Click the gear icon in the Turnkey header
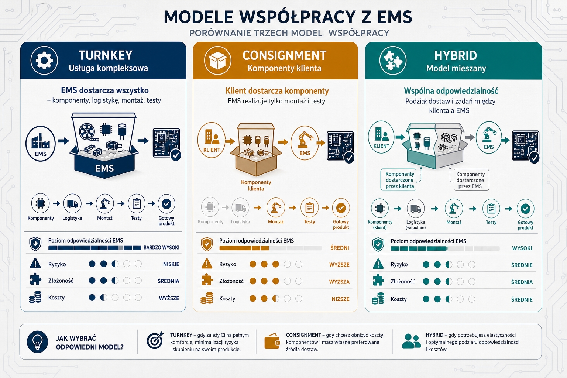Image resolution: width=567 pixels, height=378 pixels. tap(44, 60)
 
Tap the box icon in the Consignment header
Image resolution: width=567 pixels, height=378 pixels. tap(218, 61)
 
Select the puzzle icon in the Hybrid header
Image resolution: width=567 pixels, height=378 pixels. tap(393, 61)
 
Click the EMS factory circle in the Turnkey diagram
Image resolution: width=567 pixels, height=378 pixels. tap(41, 144)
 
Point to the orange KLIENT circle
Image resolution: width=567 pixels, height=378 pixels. tap(212, 140)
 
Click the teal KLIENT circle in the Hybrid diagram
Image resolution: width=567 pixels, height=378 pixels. tap(381, 137)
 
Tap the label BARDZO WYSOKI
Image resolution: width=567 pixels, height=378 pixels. tap(161, 248)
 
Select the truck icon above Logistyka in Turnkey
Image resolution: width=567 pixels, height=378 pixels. tap(72, 203)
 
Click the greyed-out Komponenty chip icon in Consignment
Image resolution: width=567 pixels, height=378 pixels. tap(210, 207)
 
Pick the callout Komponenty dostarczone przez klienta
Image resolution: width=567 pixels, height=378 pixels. tap(400, 180)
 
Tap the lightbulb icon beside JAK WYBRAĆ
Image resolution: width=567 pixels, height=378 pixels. tap(37, 342)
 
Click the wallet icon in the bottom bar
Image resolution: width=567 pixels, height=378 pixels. tap(272, 341)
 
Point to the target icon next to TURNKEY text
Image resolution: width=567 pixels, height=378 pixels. tap(155, 340)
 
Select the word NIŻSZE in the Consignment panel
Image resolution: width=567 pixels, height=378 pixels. tap(340, 299)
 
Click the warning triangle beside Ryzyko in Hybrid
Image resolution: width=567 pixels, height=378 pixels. tap(378, 264)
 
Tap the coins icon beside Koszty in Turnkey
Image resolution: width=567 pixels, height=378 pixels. tap(35, 297)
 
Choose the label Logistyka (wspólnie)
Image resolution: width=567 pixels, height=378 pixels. tap(416, 225)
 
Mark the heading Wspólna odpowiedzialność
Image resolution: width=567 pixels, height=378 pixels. tap(451, 91)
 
